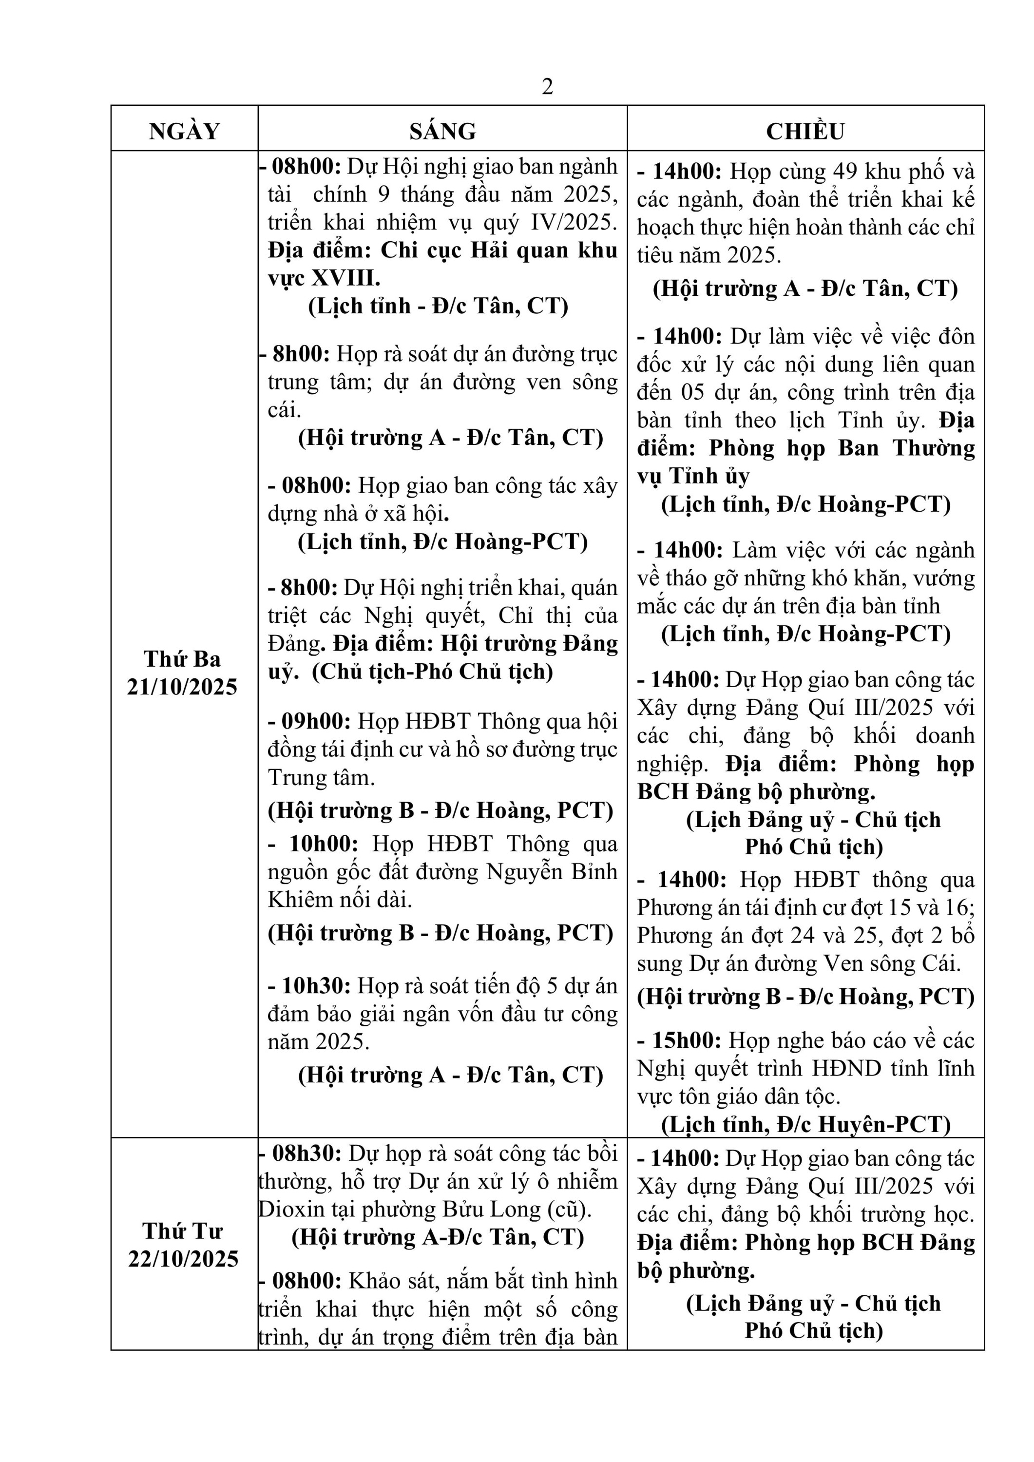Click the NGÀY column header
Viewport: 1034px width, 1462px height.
click(x=184, y=131)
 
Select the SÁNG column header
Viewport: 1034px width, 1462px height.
click(x=442, y=131)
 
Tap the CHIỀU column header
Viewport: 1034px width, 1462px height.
click(x=805, y=131)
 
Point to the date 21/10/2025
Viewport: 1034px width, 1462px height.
click(x=182, y=687)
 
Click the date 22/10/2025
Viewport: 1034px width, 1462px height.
click(x=183, y=1258)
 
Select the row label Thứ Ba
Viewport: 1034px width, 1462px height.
click(x=182, y=658)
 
